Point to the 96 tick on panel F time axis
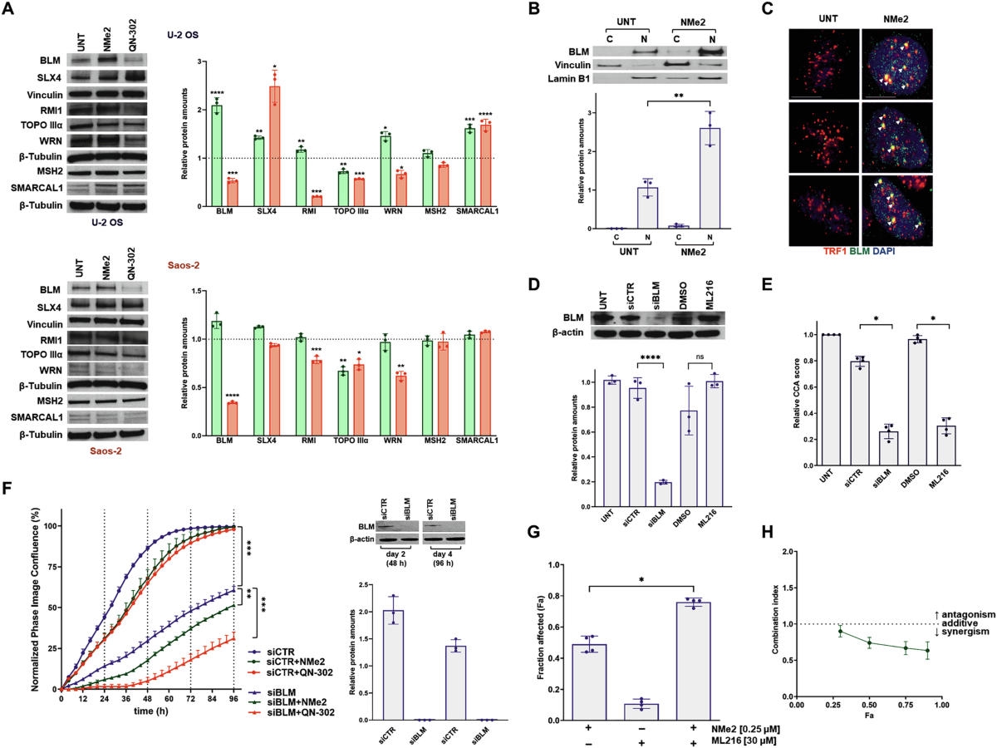point(234,699)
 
